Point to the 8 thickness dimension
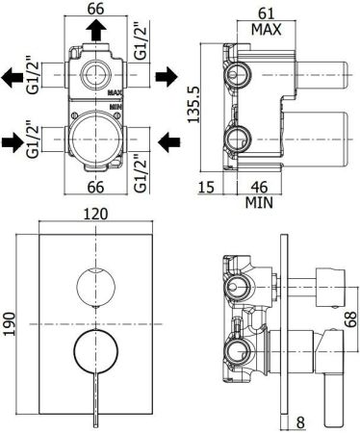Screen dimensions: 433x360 tap(301, 420)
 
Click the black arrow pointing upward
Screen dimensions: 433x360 tap(96, 31)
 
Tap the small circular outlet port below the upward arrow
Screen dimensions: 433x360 tap(96, 75)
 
